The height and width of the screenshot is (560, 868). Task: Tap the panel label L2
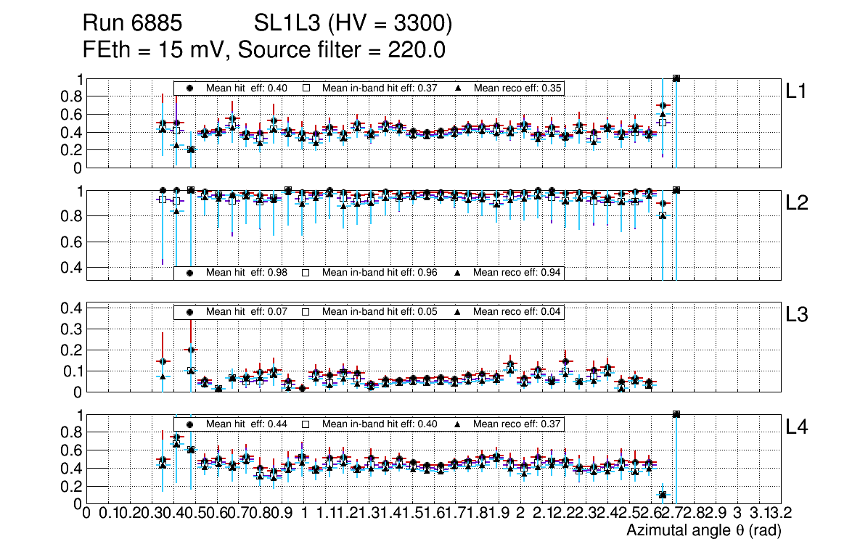click(x=798, y=203)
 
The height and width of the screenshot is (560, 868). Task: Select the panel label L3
click(x=798, y=316)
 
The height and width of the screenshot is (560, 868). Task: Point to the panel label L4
click(x=798, y=427)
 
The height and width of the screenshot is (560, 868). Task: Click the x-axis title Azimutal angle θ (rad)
click(x=703, y=531)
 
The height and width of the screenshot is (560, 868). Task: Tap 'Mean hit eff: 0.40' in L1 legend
click(x=247, y=88)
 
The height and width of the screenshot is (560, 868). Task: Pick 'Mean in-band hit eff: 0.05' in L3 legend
click(x=379, y=312)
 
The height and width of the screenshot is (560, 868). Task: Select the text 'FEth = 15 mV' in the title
click(x=156, y=51)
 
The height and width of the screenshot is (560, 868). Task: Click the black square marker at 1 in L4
click(x=676, y=414)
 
